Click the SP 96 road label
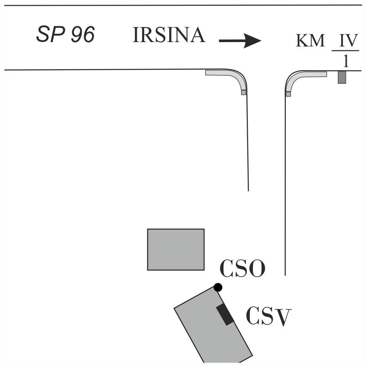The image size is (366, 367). coord(65,34)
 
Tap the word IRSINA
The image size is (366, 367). coord(169,35)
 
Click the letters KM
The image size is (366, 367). coord(310,40)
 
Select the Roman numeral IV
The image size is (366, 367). coord(348,40)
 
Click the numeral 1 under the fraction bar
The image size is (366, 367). coord(346,61)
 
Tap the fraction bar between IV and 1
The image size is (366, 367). coord(345,50)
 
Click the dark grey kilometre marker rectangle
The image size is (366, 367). coord(342,77)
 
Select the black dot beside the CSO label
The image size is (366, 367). coord(218,287)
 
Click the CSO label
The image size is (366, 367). coord(243,268)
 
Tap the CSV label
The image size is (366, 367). coord(269,317)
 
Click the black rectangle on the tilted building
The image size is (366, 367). coord(225,315)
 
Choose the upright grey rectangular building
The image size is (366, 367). coord(176,249)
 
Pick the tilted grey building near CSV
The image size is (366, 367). coord(213,325)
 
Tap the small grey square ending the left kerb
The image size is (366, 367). coord(244,93)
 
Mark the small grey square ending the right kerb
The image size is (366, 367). coord(288,94)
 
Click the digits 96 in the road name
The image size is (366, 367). coord(83,34)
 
